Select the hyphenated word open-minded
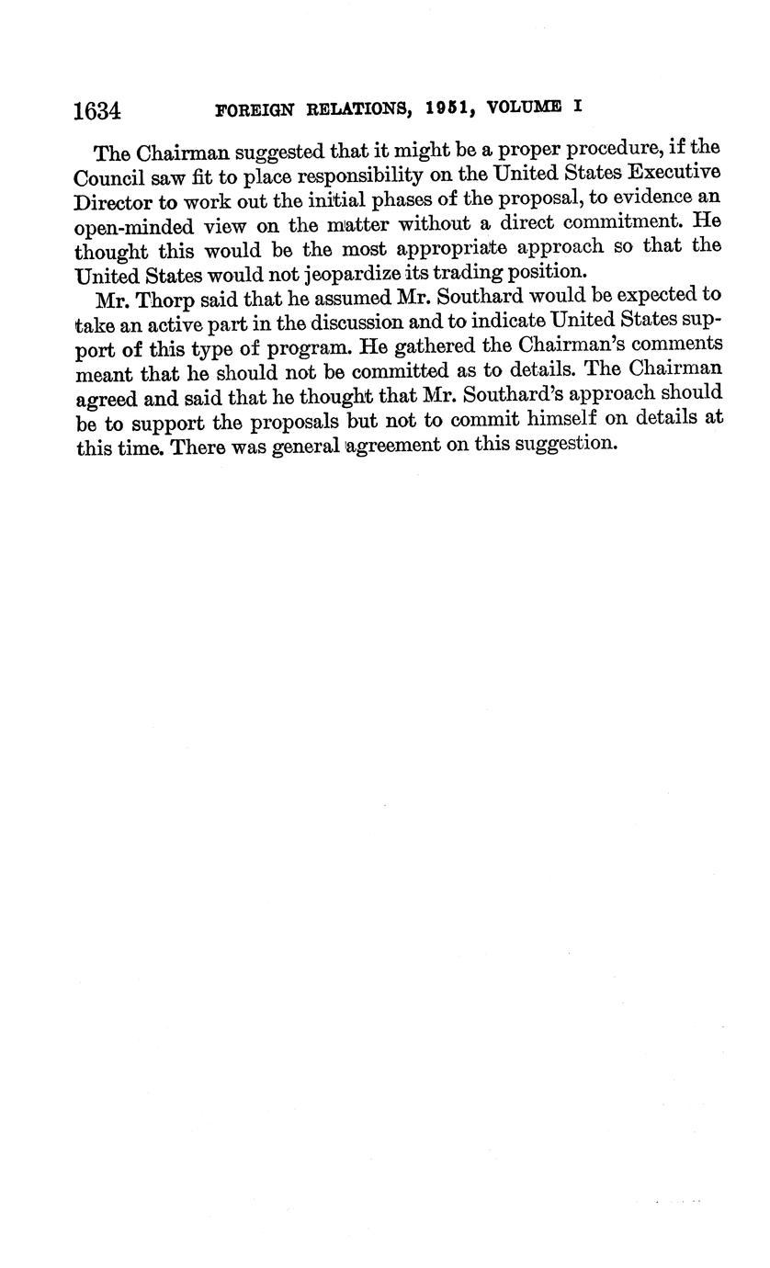pyautogui.click(x=134, y=226)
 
